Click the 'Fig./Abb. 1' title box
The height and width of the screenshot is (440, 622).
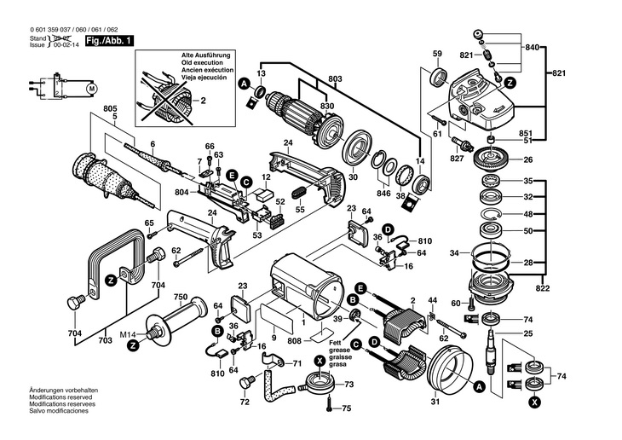[x=107, y=41]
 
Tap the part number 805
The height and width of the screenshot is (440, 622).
[x=110, y=108]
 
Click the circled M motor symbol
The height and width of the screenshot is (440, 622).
[x=92, y=86]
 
